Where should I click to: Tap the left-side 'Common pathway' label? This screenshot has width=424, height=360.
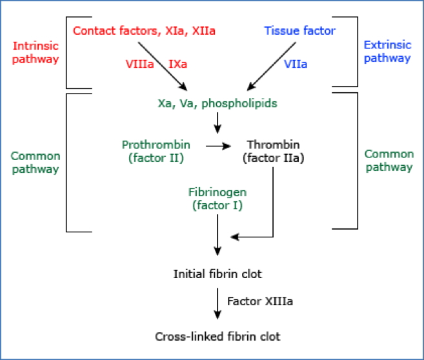[x=35, y=163]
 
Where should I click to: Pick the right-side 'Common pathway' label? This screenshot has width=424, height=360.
[x=388, y=161]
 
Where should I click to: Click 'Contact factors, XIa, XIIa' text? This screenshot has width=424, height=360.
[x=144, y=30]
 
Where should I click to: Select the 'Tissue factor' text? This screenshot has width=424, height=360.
[x=300, y=30]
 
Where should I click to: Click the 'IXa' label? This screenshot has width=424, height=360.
[x=178, y=65]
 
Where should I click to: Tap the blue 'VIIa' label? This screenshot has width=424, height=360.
[x=296, y=65]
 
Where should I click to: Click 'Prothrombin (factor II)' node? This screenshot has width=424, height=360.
[x=152, y=152]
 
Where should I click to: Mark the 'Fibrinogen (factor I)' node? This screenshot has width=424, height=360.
[x=217, y=199]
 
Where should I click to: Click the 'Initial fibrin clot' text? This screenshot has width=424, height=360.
[x=217, y=274]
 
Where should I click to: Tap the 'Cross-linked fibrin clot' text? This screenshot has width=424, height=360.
[x=218, y=336]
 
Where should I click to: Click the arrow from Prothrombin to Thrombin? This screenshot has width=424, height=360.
[x=218, y=146]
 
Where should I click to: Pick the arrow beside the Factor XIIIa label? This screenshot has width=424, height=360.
[x=218, y=302]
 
